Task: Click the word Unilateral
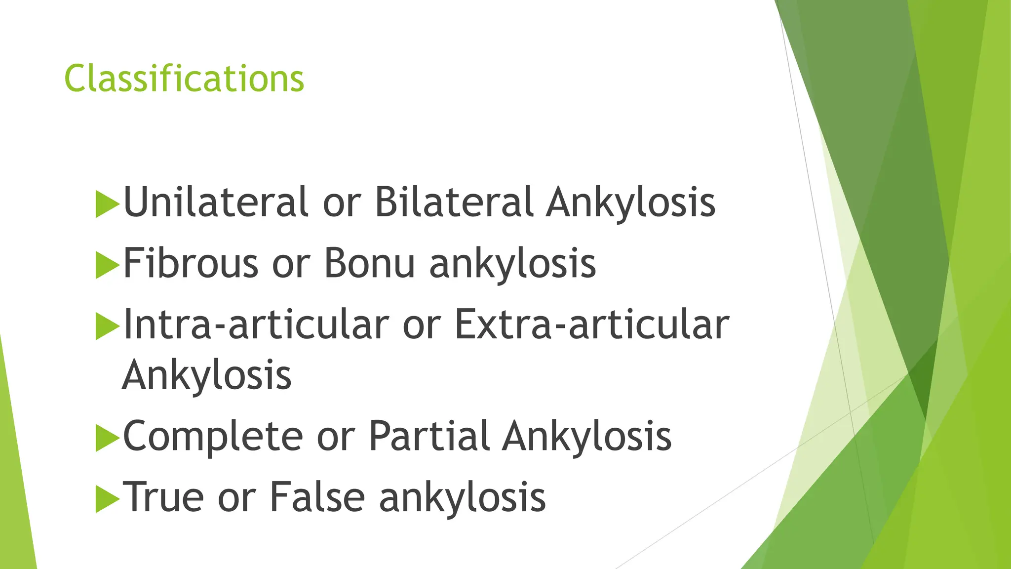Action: coord(216,202)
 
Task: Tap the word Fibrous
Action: coord(191,263)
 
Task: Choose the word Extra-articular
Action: coord(591,324)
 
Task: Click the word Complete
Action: coord(213,436)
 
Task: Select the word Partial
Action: coord(429,436)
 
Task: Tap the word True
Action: coord(163,497)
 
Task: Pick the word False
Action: coord(317,497)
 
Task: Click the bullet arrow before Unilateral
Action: coord(107,203)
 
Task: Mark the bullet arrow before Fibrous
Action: coord(107,264)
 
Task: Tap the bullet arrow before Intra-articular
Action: coord(107,325)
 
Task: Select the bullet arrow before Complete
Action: coord(107,437)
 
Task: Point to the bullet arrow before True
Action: coord(107,498)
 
